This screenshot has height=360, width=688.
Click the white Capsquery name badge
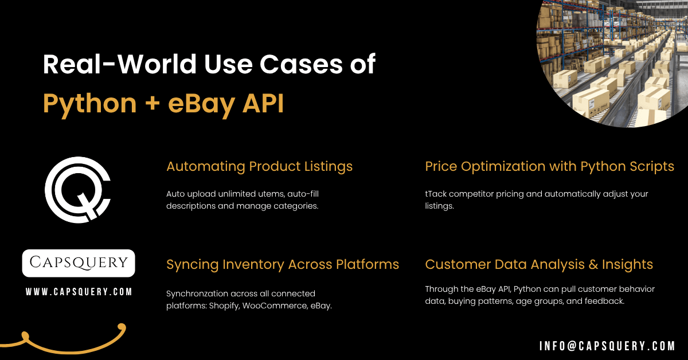tap(79, 263)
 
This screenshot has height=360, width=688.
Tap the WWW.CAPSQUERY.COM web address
tap(79, 292)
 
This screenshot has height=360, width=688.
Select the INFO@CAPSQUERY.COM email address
tap(607, 346)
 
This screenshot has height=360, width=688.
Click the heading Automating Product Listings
tap(259, 167)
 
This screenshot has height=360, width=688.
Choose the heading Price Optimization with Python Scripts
tap(549, 167)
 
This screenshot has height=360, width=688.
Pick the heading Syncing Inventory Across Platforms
tap(283, 264)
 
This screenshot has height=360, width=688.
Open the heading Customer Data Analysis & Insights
tap(539, 264)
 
